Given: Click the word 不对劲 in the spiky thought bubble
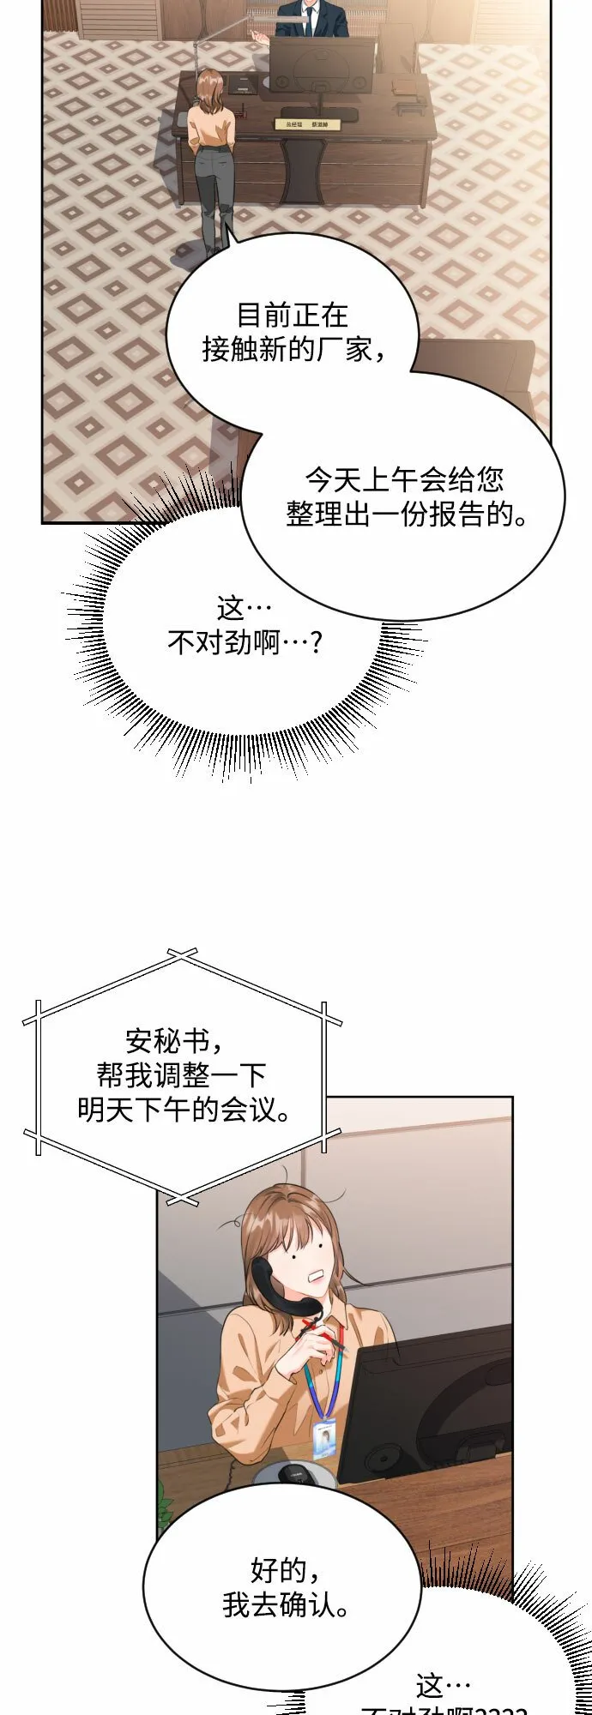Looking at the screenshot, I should click(209, 642).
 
